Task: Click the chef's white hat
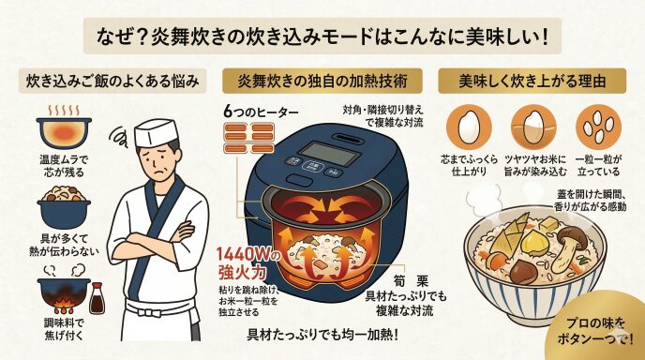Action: point(157,132)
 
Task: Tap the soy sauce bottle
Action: point(97,298)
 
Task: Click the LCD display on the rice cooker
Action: point(329,154)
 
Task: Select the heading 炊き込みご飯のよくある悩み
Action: point(112,81)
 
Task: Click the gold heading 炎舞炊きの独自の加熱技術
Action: point(322,81)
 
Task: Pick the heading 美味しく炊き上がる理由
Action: point(532,81)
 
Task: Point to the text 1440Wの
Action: point(248,255)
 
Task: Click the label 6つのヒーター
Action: point(262,112)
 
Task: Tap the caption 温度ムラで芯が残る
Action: point(64,166)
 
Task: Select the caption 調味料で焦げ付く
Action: point(64,329)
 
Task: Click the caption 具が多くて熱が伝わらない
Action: point(64,245)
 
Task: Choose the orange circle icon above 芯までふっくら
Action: point(469,127)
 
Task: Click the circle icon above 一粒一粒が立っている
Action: point(598,127)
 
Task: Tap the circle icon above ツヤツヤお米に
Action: point(533,127)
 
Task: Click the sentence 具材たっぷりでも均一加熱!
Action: point(322,334)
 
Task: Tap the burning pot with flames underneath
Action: point(64,295)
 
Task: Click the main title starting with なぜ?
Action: point(322,37)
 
